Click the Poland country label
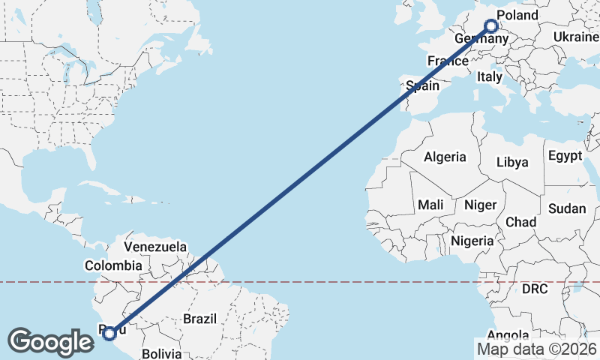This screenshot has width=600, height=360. [x=517, y=15]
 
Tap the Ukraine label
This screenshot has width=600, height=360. [x=576, y=37]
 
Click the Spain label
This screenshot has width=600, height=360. [x=422, y=86]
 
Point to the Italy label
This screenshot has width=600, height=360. [x=489, y=76]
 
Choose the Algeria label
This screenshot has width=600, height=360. [x=445, y=157]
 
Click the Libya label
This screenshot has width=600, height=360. [x=512, y=162]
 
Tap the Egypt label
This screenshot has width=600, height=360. [x=565, y=156]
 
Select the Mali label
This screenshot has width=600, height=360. [x=430, y=205]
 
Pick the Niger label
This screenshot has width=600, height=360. [x=481, y=205]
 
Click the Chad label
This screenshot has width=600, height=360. [x=520, y=222]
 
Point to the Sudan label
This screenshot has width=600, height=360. [x=566, y=209]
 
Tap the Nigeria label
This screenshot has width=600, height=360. [x=472, y=241]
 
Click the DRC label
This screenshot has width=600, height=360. [x=535, y=289]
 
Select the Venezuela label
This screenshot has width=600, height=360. [x=155, y=246]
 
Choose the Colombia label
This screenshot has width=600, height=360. [x=113, y=265]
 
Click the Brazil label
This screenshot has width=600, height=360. [x=199, y=319]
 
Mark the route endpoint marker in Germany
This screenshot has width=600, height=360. [x=491, y=26]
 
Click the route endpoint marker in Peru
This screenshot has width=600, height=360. [x=109, y=333]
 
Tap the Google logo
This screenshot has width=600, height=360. [x=51, y=342]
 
